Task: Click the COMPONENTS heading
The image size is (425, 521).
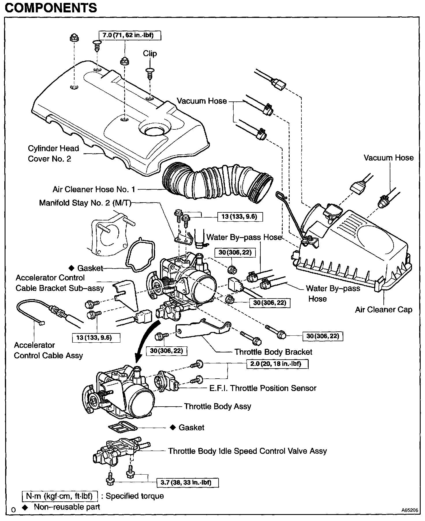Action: click(x=51, y=8)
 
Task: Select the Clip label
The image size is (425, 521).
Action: click(x=150, y=54)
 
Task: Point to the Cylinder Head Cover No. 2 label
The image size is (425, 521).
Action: click(x=53, y=154)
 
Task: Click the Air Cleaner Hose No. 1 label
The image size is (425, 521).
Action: click(x=94, y=189)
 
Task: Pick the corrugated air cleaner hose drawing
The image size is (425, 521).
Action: click(x=217, y=182)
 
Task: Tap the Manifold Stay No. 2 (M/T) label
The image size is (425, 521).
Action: click(x=85, y=203)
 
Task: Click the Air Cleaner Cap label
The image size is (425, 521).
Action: click(x=383, y=310)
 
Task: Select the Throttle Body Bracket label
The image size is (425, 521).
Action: click(x=273, y=352)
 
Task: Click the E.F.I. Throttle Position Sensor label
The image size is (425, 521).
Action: click(x=263, y=388)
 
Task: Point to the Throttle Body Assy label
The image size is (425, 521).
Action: click(x=217, y=406)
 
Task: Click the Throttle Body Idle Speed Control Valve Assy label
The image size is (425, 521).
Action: click(x=247, y=451)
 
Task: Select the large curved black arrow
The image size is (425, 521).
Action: click(x=147, y=340)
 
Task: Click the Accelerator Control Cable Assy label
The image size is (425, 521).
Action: click(x=48, y=350)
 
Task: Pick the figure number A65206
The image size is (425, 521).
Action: click(x=409, y=510)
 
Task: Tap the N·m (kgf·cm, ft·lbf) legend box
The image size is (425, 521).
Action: click(x=59, y=496)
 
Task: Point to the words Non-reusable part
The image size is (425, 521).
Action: click(x=67, y=507)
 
